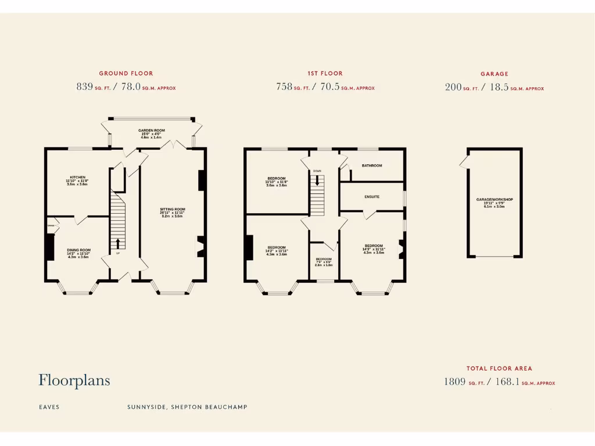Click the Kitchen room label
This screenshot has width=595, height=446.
(78, 178)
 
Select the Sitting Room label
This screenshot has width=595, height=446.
(173, 209)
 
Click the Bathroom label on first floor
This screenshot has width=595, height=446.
(372, 166)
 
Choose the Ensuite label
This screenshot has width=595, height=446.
(372, 197)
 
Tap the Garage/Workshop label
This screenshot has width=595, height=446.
(494, 200)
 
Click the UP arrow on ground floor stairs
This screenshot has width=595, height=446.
(118, 243)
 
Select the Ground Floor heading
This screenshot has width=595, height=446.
(126, 74)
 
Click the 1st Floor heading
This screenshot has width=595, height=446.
(325, 74)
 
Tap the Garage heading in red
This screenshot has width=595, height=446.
(494, 74)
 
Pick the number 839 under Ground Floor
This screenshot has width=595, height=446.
(85, 87)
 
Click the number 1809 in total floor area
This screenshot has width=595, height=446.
(454, 382)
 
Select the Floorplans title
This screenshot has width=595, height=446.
(74, 380)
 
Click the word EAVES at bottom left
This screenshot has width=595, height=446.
(49, 407)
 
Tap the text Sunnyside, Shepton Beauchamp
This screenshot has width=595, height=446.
(187, 407)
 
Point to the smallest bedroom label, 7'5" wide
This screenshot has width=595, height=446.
(324, 259)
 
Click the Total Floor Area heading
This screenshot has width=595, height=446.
(499, 368)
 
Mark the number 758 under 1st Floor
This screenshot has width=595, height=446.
(284, 87)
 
